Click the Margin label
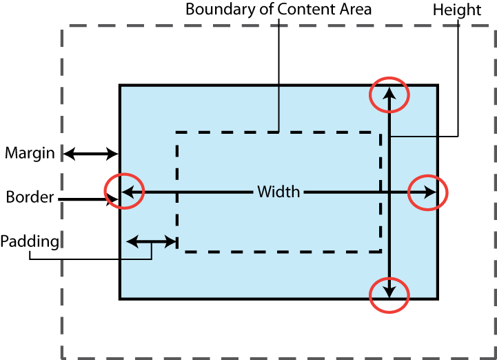[29, 153]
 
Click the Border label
[30, 197]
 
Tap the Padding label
[30, 241]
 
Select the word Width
[278, 192]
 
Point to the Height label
[457, 10]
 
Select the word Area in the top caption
[358, 10]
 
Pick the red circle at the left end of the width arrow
[124, 192]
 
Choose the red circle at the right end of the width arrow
[428, 192]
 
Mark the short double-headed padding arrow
[152, 241]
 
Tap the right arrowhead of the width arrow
[432, 192]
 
